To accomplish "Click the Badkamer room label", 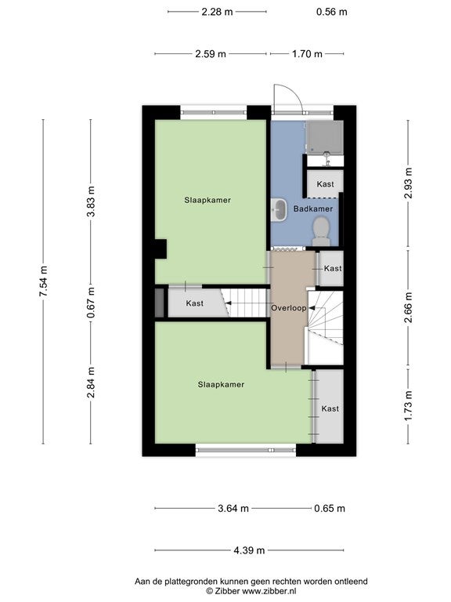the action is point(313,209).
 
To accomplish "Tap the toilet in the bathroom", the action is point(321,231).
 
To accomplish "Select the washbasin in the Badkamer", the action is point(279,209).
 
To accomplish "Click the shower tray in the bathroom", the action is point(324,137).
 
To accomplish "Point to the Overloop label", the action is point(289,308).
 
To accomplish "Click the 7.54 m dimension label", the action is point(43,281).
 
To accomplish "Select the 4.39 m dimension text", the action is point(249,550).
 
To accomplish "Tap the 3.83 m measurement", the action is point(91,201).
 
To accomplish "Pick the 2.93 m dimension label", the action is point(408,183).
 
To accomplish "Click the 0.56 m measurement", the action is point(332,12).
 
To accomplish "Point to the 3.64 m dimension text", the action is point(233,509).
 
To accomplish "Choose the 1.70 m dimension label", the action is point(307,54).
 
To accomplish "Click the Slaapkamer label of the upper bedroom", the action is point(207,200).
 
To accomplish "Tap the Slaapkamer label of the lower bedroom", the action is point(221,384).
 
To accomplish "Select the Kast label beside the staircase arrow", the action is point(194,303).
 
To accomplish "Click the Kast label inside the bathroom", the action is point(325,184).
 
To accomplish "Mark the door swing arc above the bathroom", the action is point(294,92).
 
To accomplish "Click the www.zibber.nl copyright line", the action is point(251,592).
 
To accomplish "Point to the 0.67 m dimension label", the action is point(91,303).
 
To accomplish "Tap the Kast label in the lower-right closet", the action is point(330,409).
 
